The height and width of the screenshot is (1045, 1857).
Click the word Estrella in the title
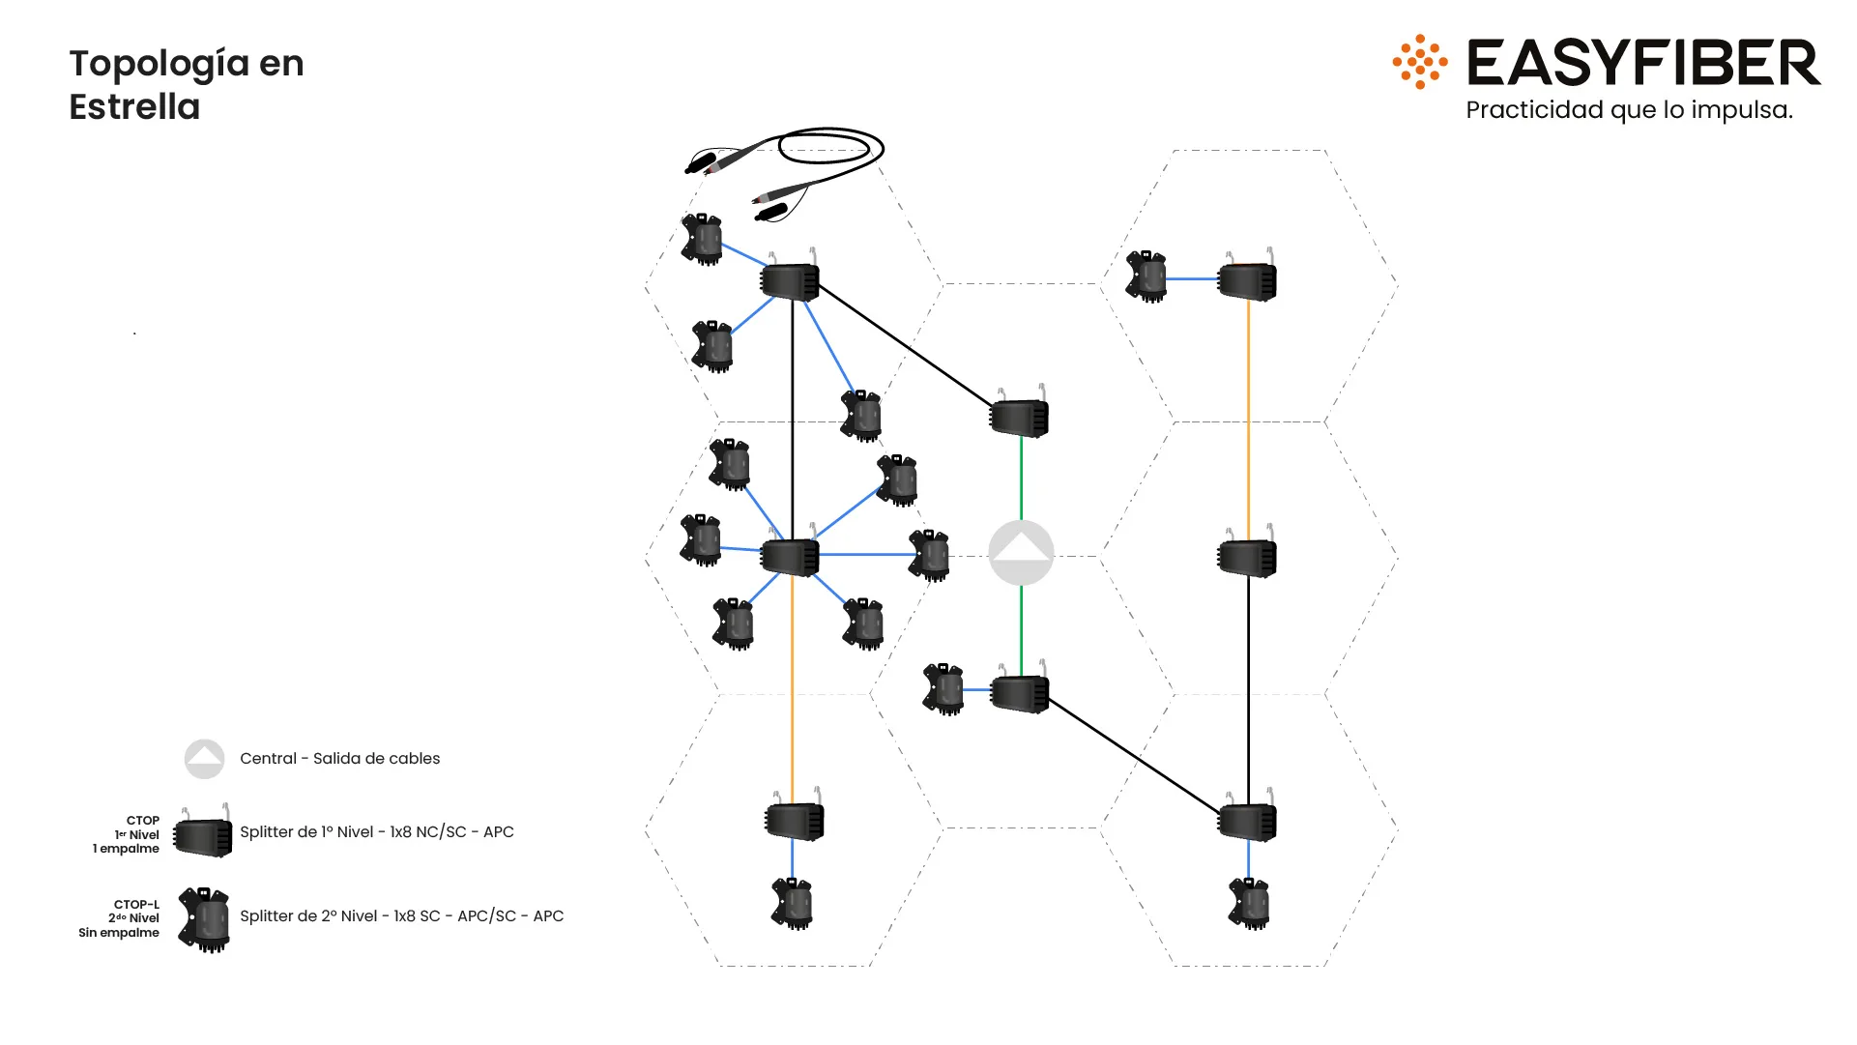[134, 107]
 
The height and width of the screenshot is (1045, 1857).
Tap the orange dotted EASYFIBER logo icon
[1419, 62]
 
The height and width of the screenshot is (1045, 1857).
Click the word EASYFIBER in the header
[1643, 63]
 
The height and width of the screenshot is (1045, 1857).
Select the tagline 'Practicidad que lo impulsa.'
[1629, 110]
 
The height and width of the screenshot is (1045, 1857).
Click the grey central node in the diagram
[1021, 553]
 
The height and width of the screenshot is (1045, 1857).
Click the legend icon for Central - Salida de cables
[204, 759]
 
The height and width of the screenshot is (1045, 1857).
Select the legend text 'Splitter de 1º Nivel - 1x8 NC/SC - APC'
[376, 832]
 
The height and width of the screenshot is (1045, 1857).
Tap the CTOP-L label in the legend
[136, 905]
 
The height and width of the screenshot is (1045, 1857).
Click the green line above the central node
[1021, 479]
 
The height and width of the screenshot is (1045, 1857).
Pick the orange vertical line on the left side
[793, 686]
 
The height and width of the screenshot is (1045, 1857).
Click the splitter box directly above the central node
[1020, 418]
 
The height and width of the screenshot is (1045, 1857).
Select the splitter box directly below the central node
[1020, 693]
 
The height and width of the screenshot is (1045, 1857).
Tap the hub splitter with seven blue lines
[790, 557]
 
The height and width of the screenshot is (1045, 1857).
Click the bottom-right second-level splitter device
[1249, 904]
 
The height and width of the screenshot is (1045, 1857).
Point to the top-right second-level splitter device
[1146, 277]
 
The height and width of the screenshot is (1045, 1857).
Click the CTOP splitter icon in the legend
[203, 836]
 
